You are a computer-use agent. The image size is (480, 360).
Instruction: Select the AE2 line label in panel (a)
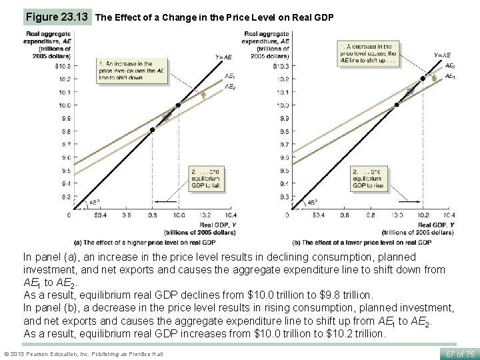[229, 87]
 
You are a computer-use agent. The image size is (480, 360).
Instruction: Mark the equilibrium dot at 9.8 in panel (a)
[152, 130]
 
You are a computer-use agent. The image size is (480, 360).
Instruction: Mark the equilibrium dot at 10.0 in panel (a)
[178, 105]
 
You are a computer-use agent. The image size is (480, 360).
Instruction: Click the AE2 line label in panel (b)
[449, 67]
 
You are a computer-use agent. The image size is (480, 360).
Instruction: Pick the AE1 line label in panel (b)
[449, 77]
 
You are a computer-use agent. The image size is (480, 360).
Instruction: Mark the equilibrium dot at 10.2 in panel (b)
[422, 79]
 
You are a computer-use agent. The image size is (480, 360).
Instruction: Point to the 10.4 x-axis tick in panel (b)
[449, 215]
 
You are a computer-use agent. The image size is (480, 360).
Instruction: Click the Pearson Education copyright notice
[83, 353]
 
